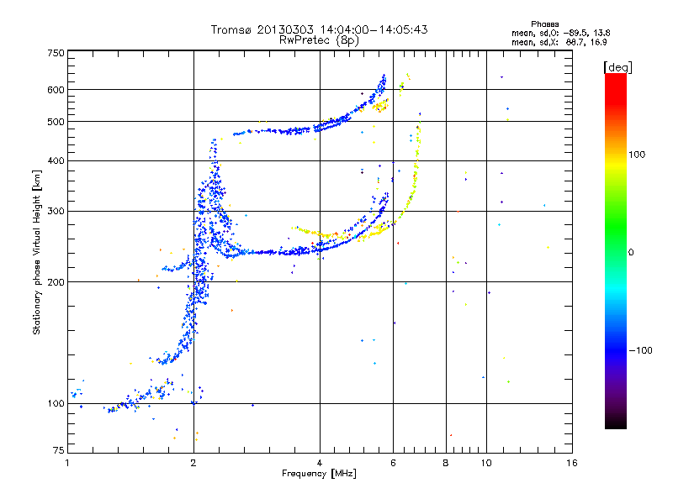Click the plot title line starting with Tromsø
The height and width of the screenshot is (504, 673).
click(320, 29)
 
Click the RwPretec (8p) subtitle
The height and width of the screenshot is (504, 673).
click(320, 39)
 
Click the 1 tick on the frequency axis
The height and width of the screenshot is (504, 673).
click(67, 463)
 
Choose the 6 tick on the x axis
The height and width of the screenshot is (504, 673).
click(393, 463)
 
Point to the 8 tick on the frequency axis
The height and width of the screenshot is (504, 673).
click(446, 463)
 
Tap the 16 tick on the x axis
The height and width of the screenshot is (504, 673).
click(571, 463)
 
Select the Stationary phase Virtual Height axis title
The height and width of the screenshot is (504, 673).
click(37, 252)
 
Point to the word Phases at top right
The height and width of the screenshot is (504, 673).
click(546, 24)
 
